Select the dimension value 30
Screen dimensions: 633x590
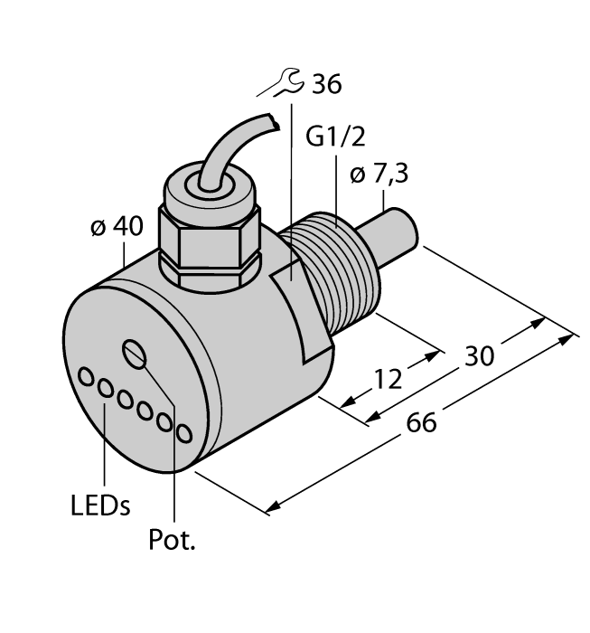coord(478,357)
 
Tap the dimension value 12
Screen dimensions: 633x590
coord(388,380)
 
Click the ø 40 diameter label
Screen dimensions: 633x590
coord(117,228)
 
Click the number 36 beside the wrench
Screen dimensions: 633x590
coord(325,85)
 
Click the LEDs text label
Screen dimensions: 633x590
coord(99,505)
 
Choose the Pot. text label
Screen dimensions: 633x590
coord(171,542)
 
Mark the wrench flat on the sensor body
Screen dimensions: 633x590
coord(302,307)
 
